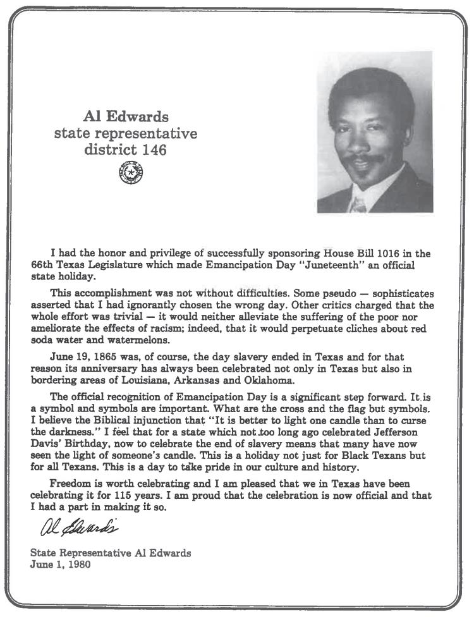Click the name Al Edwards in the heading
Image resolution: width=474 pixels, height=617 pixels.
126,117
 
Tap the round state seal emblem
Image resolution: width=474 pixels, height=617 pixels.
131,173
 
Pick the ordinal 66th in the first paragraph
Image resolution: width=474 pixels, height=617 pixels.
42,265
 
